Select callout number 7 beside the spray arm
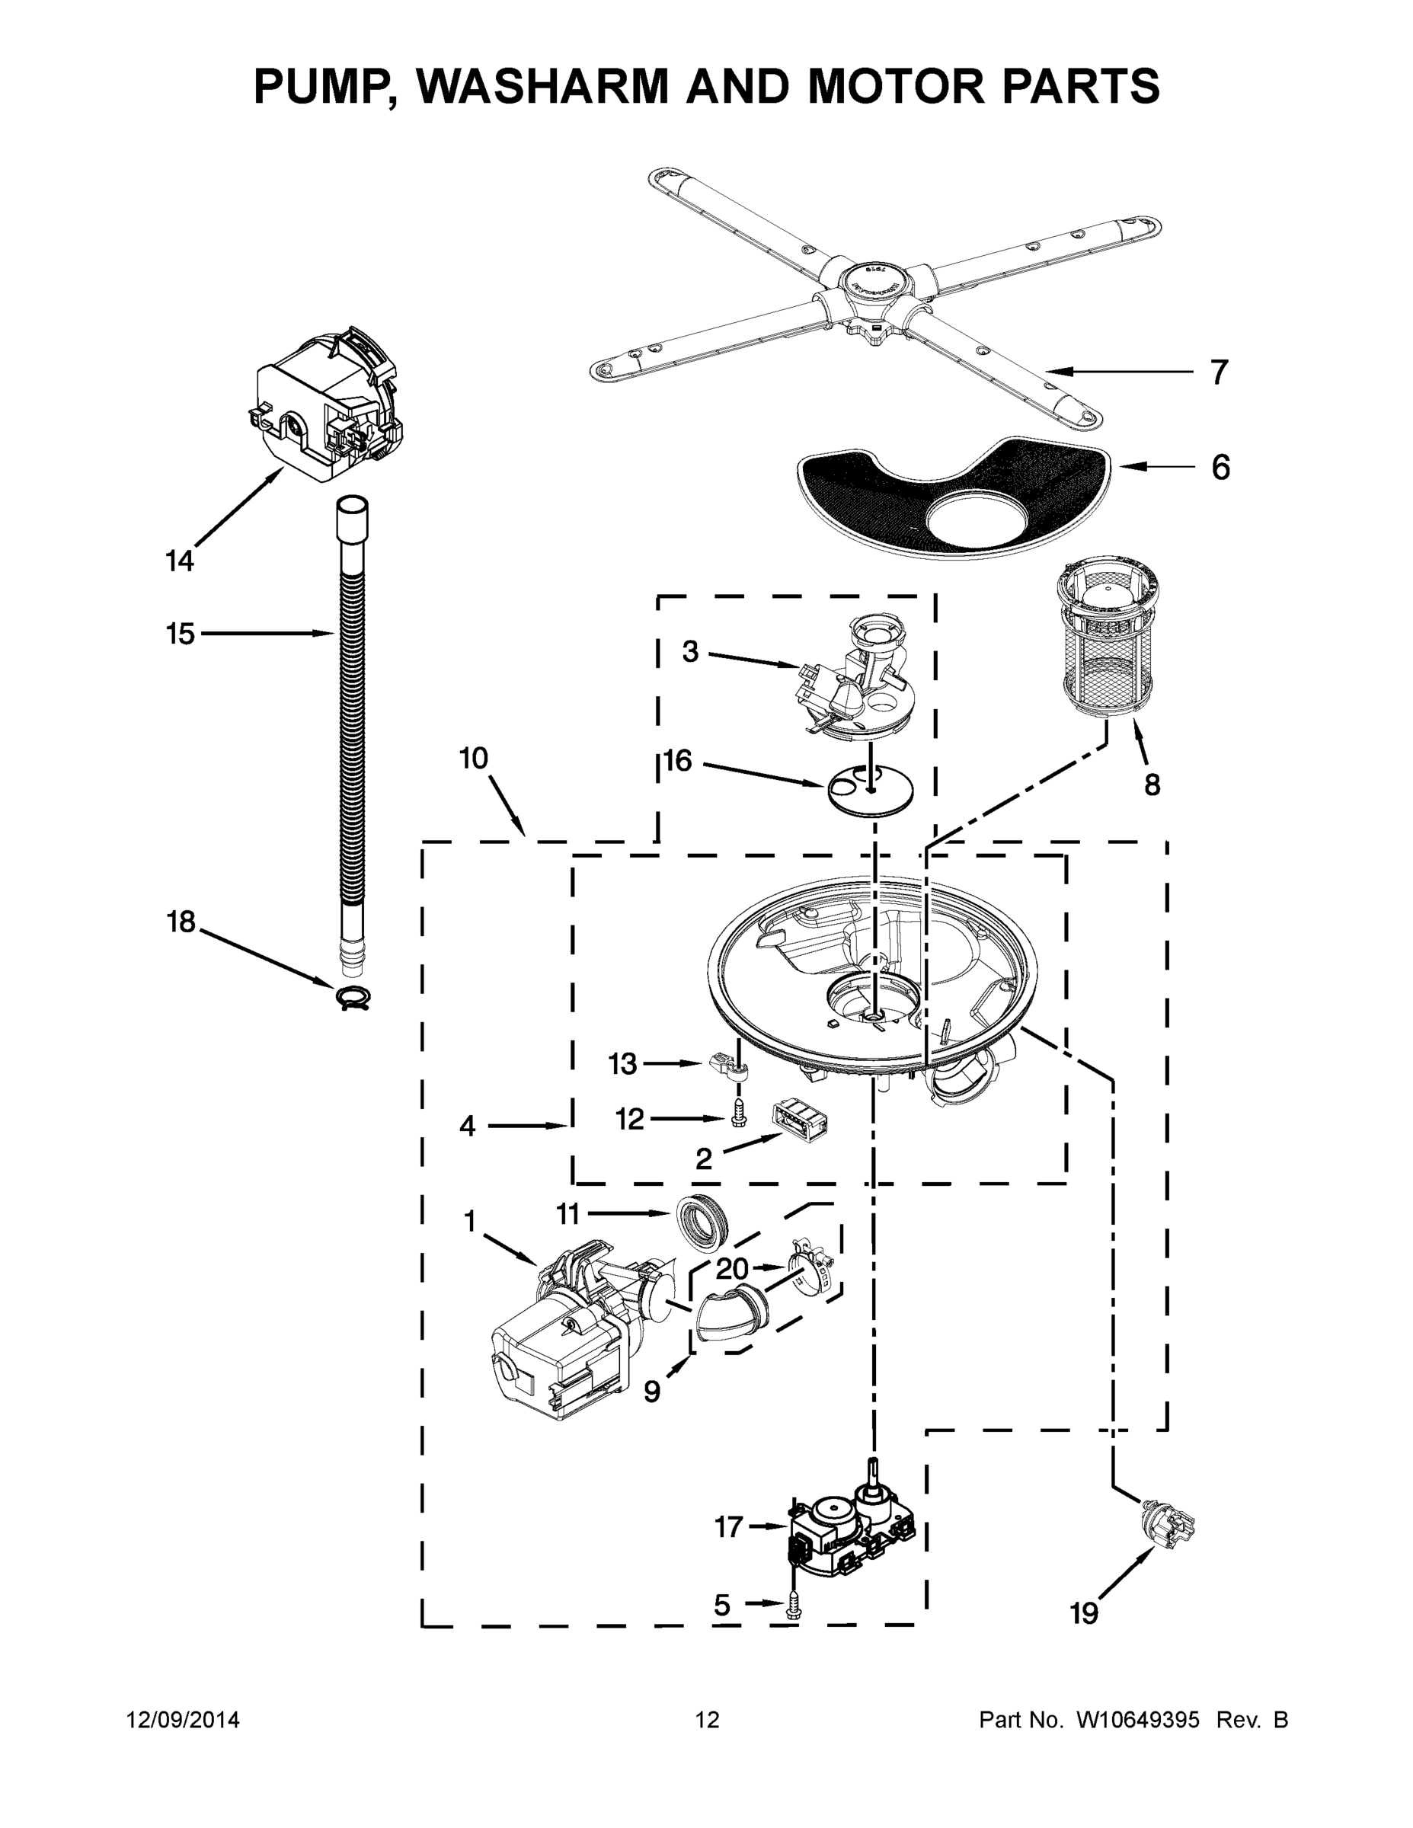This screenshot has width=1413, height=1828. tap(1219, 372)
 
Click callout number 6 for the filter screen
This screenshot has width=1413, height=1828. tap(1220, 468)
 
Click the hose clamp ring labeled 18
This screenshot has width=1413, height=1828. tap(353, 997)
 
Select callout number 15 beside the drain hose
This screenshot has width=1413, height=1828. tap(180, 634)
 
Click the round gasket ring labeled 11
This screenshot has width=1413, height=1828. tap(702, 1221)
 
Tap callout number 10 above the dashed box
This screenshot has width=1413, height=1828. tap(474, 759)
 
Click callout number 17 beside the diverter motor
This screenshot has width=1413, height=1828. tap(728, 1526)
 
